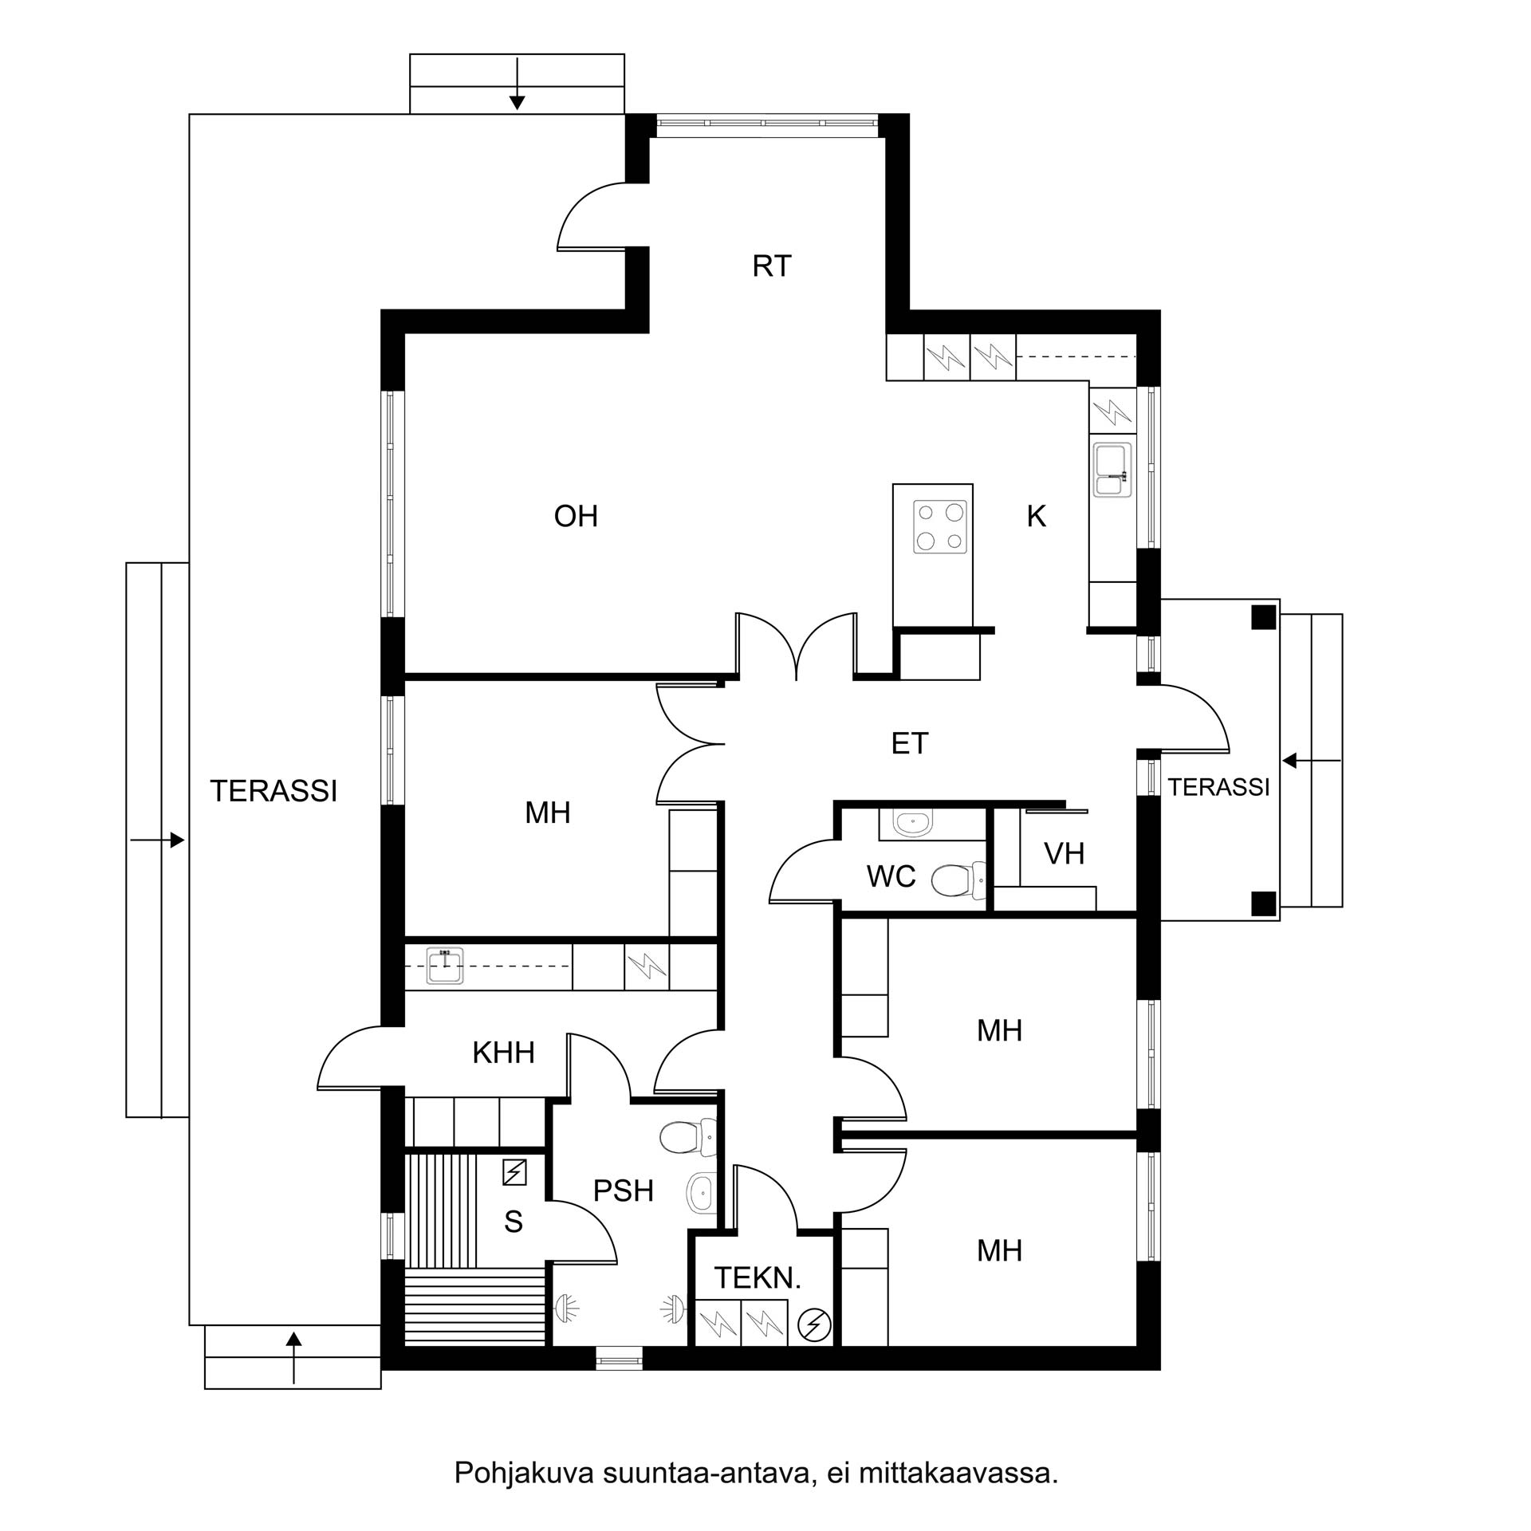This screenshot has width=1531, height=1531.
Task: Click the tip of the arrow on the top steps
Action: [517, 110]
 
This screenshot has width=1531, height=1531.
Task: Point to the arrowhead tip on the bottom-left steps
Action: [294, 1332]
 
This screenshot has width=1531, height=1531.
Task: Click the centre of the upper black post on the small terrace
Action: [1263, 617]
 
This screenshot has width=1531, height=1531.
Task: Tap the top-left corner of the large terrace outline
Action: [189, 115]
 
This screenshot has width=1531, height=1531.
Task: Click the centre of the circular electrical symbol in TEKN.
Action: [814, 1326]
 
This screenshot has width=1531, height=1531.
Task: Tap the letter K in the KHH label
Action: [481, 1053]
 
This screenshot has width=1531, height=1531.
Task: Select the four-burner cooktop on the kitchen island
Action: [940, 527]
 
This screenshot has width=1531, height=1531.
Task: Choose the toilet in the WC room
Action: [959, 880]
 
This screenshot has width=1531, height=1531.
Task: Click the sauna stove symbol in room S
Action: [515, 1171]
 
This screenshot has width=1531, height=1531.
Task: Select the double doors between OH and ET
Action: [797, 646]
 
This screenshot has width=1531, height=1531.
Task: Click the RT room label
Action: [771, 266]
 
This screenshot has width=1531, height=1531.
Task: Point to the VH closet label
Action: [1064, 854]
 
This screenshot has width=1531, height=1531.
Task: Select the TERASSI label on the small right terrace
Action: [1218, 787]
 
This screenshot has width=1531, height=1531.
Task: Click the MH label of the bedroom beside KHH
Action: [548, 813]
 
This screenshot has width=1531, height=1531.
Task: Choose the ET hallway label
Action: [909, 743]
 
